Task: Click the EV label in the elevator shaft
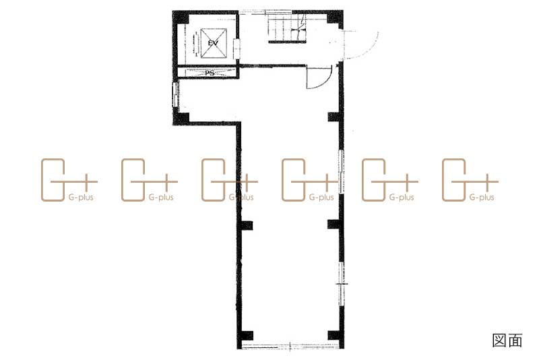(x=213, y=43)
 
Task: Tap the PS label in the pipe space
(x=210, y=73)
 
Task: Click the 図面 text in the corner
(x=507, y=340)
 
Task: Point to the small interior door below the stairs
(x=318, y=78)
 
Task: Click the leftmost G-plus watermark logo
(x=69, y=180)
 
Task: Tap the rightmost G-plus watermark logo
(x=470, y=180)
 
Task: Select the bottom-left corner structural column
(x=247, y=336)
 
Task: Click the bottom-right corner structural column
(x=334, y=336)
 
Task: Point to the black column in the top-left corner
(x=180, y=18)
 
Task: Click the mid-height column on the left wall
(x=247, y=225)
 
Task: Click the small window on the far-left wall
(x=175, y=94)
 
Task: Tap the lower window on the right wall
(x=341, y=284)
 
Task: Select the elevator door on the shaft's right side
(x=236, y=49)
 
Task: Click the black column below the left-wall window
(x=181, y=117)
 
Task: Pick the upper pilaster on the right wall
(x=334, y=117)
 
